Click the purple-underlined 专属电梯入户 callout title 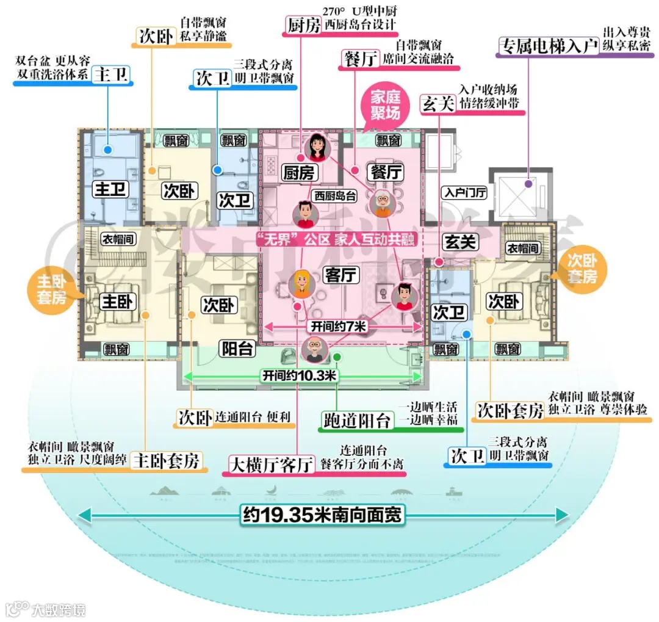click(x=548, y=46)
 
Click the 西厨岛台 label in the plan click(x=335, y=197)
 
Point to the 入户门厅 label click(x=465, y=193)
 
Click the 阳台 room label click(x=237, y=349)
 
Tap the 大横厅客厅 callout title click(x=272, y=465)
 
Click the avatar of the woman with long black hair click(x=317, y=146)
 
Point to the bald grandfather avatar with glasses click(x=315, y=350)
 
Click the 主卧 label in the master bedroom click(x=117, y=302)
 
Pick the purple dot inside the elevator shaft click(x=528, y=183)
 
